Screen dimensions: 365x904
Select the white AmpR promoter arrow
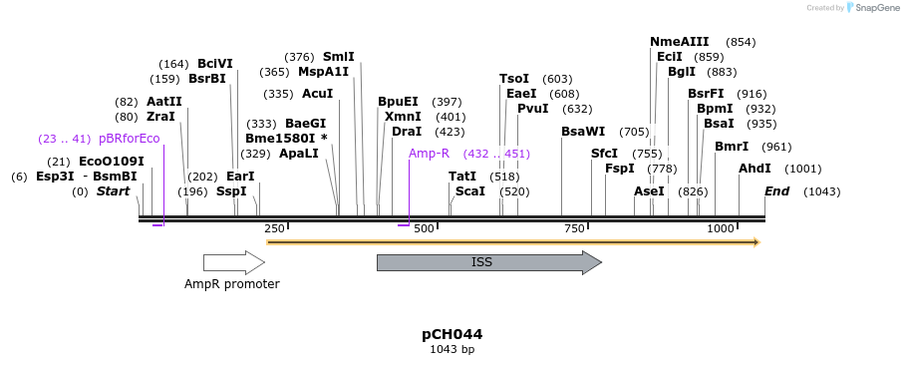pyautogui.click(x=233, y=262)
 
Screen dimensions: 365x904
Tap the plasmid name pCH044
pyautogui.click(x=452, y=334)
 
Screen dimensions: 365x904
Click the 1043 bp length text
pyautogui.click(x=452, y=350)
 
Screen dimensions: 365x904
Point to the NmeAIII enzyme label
pyautogui.click(x=679, y=42)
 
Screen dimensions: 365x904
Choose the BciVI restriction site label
pyautogui.click(x=214, y=64)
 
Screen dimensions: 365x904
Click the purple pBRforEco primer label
pyautogui.click(x=129, y=139)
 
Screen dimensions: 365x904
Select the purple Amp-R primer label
pyautogui.click(x=429, y=154)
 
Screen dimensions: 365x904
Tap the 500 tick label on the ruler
pyautogui.click(x=424, y=229)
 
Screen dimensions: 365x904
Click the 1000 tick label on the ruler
pyautogui.click(x=720, y=229)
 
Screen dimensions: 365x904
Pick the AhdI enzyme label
pyautogui.click(x=754, y=169)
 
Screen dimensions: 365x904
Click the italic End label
pyautogui.click(x=776, y=191)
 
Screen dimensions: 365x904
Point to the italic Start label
pyautogui.click(x=113, y=191)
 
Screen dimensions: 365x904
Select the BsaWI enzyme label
pyautogui.click(x=583, y=132)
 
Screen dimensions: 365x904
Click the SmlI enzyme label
pyautogui.click(x=338, y=57)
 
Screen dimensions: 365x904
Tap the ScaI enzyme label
pyautogui.click(x=469, y=190)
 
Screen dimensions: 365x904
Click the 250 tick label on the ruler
pyautogui.click(x=274, y=229)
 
